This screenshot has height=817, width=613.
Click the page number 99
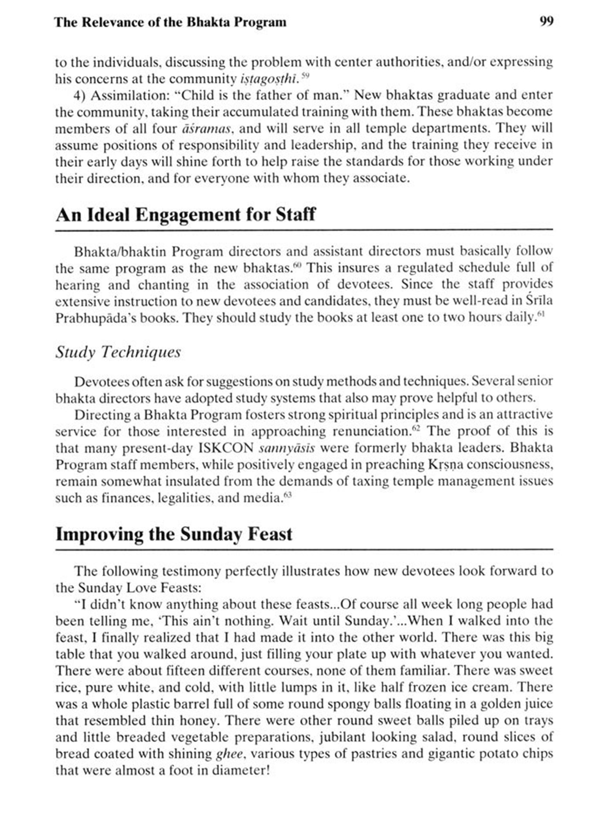[546, 21]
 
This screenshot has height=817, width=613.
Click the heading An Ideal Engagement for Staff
[186, 215]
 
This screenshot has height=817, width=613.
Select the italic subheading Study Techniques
[118, 352]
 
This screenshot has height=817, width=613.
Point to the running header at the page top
[170, 22]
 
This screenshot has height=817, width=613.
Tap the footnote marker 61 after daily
[541, 315]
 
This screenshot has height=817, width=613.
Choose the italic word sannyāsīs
[287, 448]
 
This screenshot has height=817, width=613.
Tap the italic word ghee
[230, 754]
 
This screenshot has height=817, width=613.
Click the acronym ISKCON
[226, 448]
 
